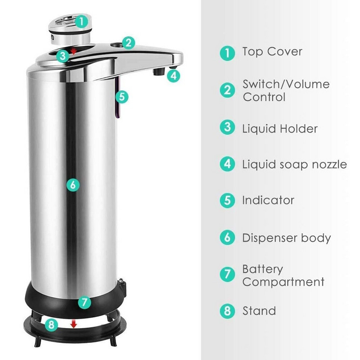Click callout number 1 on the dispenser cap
coord(81,22)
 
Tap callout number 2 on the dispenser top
coord(128,43)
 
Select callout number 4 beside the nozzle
coord(174,76)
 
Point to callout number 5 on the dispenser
coord(122,97)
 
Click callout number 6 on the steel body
coord(73,185)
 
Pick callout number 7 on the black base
coord(85,302)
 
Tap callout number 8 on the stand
coord(51,325)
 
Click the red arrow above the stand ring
coord(73,324)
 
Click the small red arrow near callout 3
coord(73,51)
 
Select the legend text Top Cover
coord(272,51)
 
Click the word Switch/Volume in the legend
coord(286,84)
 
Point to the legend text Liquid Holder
coord(280,128)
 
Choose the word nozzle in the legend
coord(329,165)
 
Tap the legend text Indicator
coord(268,200)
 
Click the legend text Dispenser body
coord(287,238)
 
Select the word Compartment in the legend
coord(283,282)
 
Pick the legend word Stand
coord(259,311)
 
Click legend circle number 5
coord(227,200)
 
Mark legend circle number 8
coord(227,311)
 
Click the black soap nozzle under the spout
coord(159,72)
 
